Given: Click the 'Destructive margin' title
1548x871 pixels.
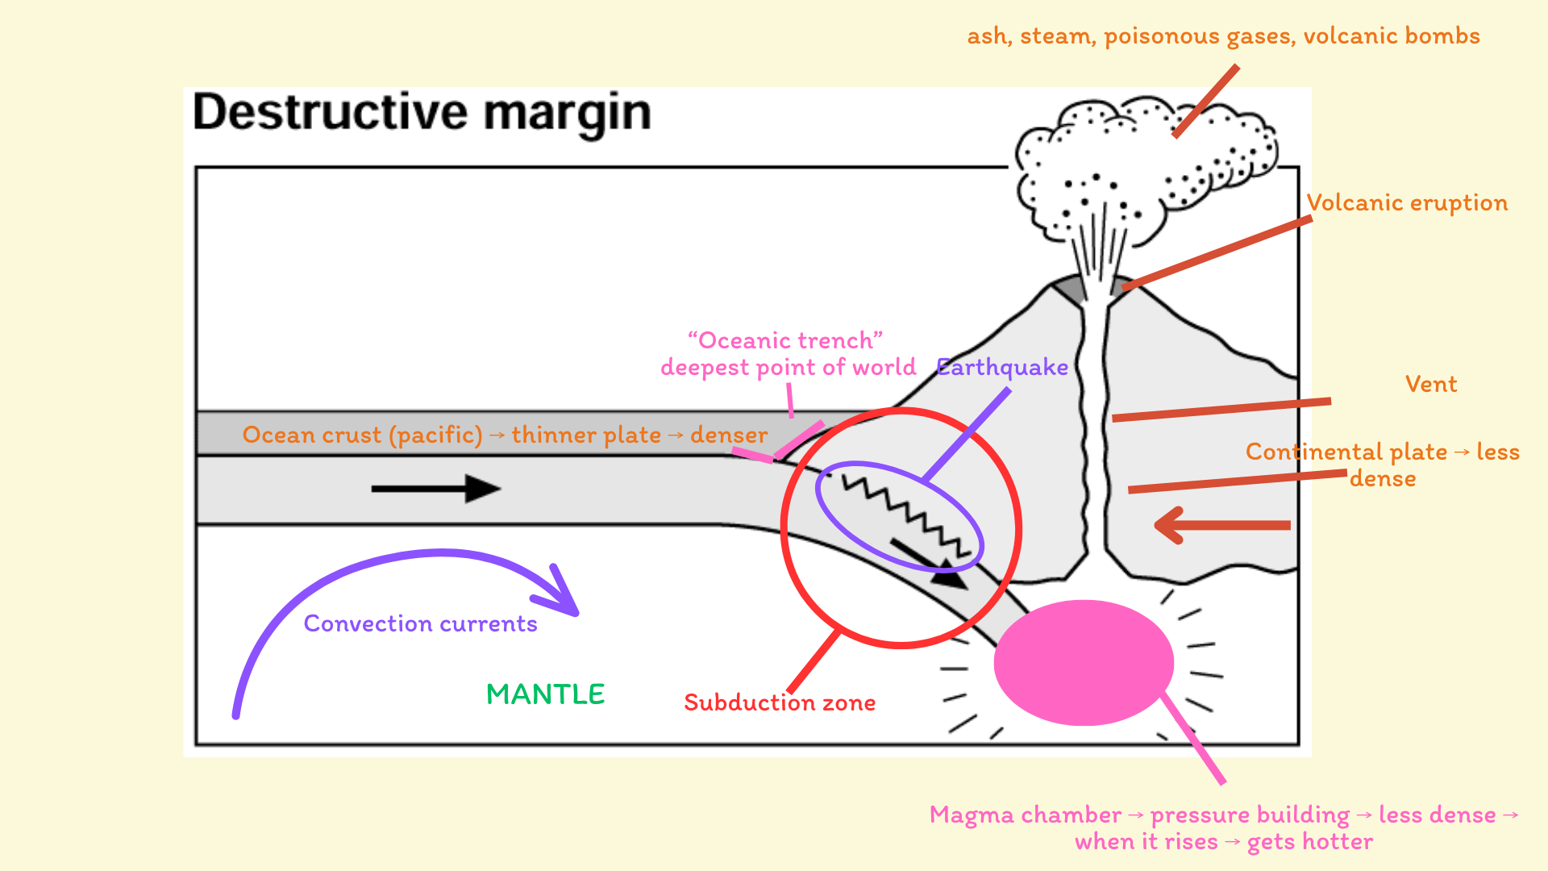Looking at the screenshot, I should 422,112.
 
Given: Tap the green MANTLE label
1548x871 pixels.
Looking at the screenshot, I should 545,694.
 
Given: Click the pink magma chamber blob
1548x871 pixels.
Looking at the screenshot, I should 1083,662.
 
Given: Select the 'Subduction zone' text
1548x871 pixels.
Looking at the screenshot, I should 779,702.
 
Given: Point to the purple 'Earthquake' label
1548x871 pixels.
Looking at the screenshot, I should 1002,368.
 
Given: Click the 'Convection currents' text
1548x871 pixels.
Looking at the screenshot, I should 420,623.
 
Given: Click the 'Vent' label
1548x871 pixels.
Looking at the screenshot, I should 1430,384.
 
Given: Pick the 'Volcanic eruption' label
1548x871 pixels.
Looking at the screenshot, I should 1407,202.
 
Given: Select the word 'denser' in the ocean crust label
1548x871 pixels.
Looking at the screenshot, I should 728,435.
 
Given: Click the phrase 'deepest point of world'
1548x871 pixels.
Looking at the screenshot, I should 788,368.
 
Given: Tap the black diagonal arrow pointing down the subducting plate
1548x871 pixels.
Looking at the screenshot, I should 927,563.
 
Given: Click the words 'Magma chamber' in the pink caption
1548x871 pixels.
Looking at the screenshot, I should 1025,815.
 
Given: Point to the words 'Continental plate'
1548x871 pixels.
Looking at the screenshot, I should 1346,452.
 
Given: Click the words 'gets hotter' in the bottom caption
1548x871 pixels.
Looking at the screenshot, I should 1309,842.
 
